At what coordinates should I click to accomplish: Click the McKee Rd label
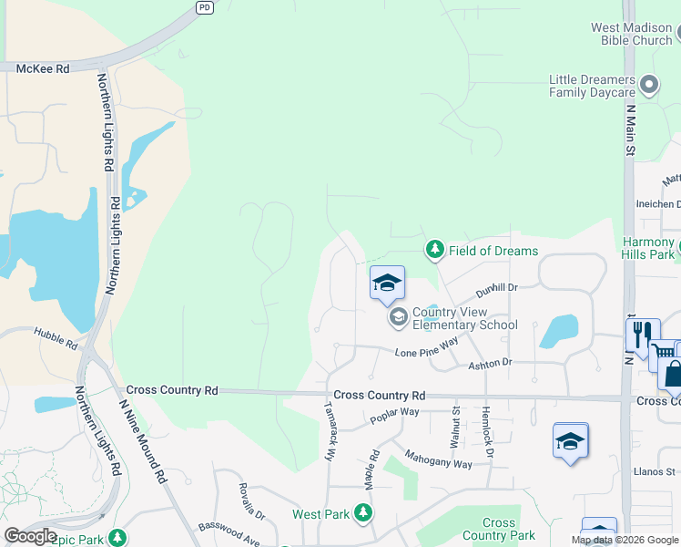(x=43, y=68)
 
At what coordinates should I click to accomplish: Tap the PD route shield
(x=205, y=6)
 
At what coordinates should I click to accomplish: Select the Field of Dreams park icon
(x=435, y=250)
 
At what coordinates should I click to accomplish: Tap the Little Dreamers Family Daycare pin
(x=649, y=86)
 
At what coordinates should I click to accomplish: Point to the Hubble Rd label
(x=56, y=338)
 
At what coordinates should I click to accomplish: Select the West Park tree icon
(x=363, y=514)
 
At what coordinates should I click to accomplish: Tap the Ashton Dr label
(x=490, y=363)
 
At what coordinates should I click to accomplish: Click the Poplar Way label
(x=394, y=417)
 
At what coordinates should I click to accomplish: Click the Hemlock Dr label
(x=487, y=433)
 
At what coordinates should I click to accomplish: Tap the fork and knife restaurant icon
(x=643, y=335)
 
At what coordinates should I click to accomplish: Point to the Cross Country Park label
(x=498, y=529)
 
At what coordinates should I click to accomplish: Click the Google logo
(x=30, y=536)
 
